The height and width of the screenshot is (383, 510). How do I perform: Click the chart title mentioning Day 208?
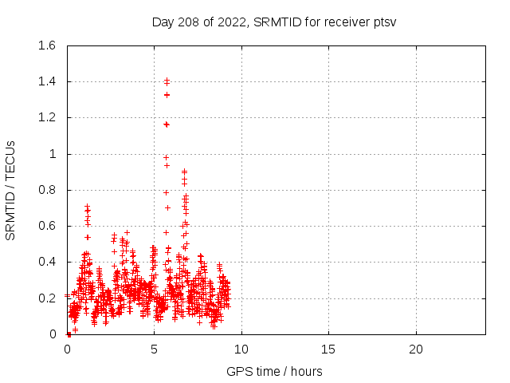tap(274, 22)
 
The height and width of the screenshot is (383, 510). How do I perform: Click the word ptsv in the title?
tap(383, 22)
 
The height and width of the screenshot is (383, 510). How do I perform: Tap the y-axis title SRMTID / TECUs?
tap(11, 191)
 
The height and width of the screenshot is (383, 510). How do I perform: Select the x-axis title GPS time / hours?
tap(274, 371)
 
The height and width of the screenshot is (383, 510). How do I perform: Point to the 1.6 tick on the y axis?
tap(46, 45)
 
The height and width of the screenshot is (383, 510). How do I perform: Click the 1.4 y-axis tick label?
tap(46, 81)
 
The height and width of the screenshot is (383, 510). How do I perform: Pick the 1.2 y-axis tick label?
tap(46, 117)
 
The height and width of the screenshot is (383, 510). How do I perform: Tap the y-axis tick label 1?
tap(53, 154)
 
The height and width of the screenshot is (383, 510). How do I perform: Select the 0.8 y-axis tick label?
tap(46, 190)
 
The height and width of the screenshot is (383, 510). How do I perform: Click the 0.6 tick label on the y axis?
tap(46, 226)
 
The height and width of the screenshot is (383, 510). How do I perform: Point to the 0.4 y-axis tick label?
tap(46, 262)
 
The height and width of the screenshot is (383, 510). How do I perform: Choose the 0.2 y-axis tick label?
tap(46, 298)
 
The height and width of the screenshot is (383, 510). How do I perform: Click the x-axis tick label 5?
tap(155, 349)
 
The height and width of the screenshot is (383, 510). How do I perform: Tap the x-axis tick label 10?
tap(241, 349)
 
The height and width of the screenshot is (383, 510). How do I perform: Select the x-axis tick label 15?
tap(328, 349)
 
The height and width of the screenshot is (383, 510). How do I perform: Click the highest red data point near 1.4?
tap(167, 81)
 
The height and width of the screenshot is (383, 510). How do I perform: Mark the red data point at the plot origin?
tap(69, 334)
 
